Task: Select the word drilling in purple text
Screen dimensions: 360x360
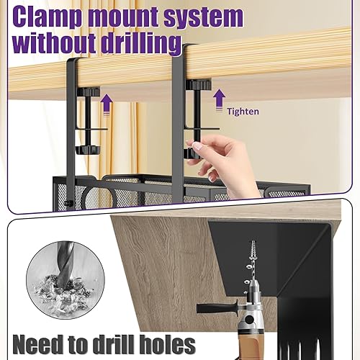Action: click(x=140, y=44)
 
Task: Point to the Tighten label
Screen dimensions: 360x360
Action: click(x=243, y=112)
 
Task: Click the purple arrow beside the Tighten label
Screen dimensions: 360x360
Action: click(x=219, y=100)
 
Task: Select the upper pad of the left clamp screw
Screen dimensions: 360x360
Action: click(x=89, y=91)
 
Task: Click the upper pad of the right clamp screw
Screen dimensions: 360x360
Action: click(x=198, y=84)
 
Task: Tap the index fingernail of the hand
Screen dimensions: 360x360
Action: click(x=198, y=145)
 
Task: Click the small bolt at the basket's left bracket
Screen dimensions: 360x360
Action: click(x=69, y=204)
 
